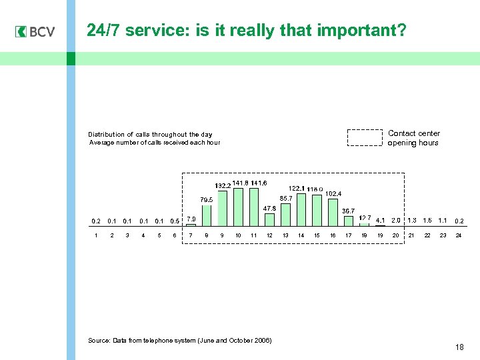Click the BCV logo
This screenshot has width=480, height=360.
click(x=35, y=31)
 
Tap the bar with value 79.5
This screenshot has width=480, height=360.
click(x=207, y=216)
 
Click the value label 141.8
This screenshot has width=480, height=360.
click(x=240, y=183)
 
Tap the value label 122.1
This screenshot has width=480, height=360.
click(x=296, y=189)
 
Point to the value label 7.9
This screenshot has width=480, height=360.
click(x=191, y=219)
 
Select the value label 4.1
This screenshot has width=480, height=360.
click(x=380, y=220)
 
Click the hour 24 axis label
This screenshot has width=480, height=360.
click(x=459, y=235)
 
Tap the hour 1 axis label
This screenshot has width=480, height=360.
click(x=96, y=235)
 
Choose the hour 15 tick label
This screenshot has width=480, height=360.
click(x=317, y=235)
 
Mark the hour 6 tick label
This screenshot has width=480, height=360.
click(x=175, y=235)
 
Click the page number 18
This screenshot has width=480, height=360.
click(x=459, y=347)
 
